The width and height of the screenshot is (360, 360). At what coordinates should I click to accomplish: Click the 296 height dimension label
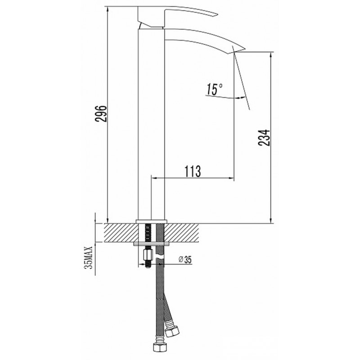click(101, 114)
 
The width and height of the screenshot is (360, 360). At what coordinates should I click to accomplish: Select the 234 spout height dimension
click(264, 138)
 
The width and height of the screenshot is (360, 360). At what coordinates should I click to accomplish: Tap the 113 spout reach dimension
click(193, 171)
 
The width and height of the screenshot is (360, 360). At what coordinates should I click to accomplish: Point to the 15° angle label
click(214, 89)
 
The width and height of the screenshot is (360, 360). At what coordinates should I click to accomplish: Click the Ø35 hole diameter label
click(185, 260)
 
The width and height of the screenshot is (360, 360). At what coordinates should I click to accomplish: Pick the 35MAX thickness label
click(88, 257)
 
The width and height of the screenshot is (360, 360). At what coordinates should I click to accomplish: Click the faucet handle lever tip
click(216, 15)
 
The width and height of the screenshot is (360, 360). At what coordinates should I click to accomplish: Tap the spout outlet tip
click(244, 49)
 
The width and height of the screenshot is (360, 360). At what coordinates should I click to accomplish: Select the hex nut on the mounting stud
click(147, 255)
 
